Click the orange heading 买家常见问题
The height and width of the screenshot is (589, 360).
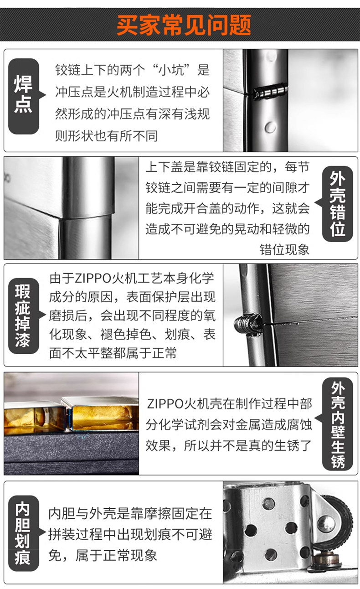(184, 25)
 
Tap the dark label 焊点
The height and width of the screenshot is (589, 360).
(24, 96)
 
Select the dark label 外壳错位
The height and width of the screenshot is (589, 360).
(337, 204)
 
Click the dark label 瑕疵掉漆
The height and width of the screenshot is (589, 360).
(24, 316)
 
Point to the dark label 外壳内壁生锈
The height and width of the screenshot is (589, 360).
(337, 424)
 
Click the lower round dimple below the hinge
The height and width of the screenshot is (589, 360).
(270, 127)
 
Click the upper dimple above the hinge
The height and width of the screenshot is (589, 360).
(271, 56)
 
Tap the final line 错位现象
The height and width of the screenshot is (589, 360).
(285, 249)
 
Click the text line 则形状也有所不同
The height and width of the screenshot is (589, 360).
(107, 136)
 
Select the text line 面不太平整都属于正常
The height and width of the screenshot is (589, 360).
(113, 353)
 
